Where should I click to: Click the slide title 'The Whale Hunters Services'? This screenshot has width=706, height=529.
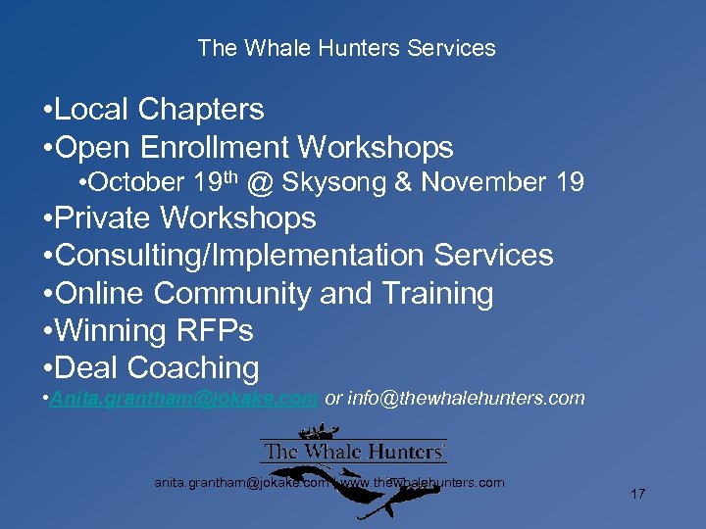click(x=346, y=48)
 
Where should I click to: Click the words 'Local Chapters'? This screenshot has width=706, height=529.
click(x=160, y=110)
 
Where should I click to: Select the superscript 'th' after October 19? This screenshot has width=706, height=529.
click(x=232, y=176)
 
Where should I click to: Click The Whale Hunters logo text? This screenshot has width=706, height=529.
click(x=353, y=453)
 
